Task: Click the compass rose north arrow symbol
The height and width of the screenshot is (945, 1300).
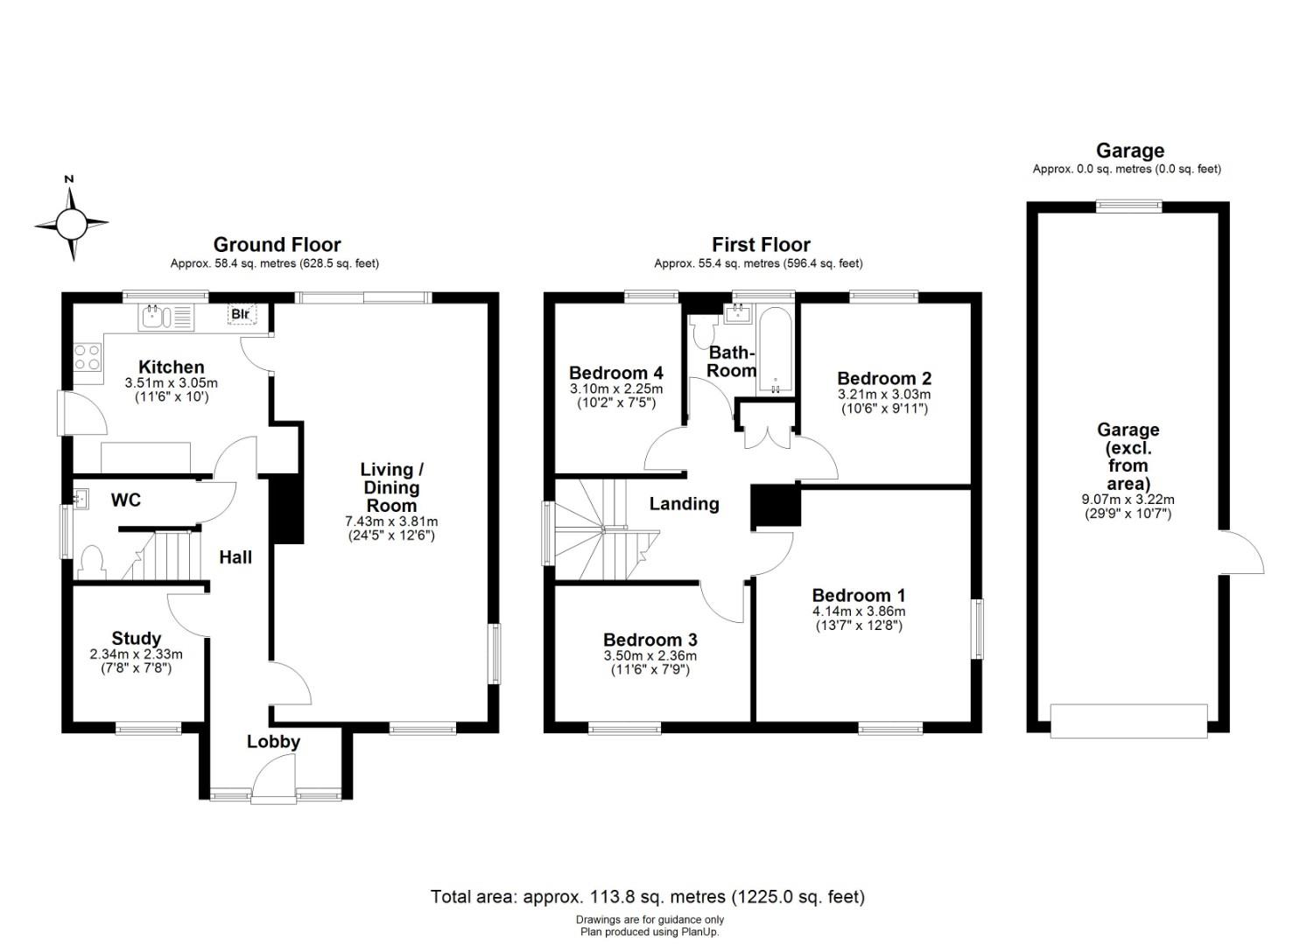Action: pyautogui.click(x=72, y=220)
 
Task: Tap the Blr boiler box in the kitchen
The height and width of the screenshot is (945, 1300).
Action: pyautogui.click(x=242, y=314)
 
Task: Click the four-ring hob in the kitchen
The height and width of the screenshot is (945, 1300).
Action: pyautogui.click(x=87, y=356)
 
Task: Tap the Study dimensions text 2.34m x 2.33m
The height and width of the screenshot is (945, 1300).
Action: pyautogui.click(x=136, y=654)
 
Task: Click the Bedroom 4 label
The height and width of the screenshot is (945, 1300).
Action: pyautogui.click(x=615, y=373)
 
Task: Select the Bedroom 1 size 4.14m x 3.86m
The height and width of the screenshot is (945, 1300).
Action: pyautogui.click(x=858, y=611)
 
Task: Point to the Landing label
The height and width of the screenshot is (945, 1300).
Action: pyautogui.click(x=684, y=503)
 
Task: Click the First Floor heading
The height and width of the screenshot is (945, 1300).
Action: pyautogui.click(x=761, y=244)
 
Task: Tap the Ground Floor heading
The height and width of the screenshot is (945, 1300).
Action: pyautogui.click(x=277, y=244)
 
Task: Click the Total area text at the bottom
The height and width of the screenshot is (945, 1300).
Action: pyautogui.click(x=647, y=897)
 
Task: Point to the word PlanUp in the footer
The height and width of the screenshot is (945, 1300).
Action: pyautogui.click(x=702, y=932)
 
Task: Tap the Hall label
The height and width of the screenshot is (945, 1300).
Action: pyautogui.click(x=235, y=557)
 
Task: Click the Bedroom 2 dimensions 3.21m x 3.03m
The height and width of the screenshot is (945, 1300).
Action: pyautogui.click(x=884, y=395)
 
